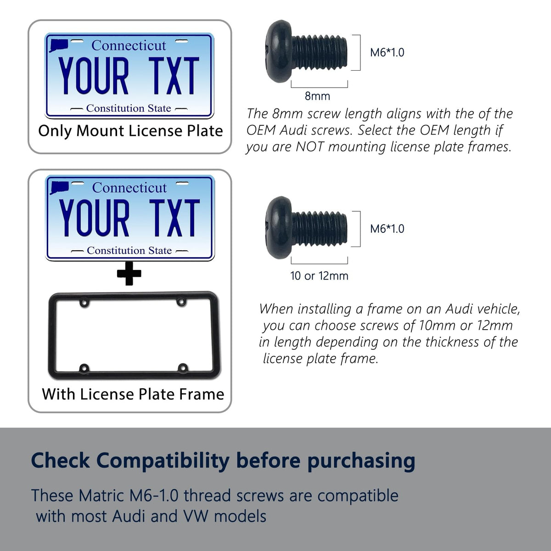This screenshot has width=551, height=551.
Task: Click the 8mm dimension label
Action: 317,96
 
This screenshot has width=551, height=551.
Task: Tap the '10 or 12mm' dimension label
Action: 320,275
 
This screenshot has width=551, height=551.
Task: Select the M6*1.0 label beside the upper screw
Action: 387,52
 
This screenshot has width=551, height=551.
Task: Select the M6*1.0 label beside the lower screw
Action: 387,229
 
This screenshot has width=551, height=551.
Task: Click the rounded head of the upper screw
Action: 279,51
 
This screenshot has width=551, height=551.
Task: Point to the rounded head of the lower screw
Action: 279,228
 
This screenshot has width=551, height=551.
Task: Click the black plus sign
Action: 129,273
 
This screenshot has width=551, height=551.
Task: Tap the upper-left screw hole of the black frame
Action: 84,303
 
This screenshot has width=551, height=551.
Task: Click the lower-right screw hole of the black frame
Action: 183,368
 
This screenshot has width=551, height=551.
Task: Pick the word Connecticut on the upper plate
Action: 129,45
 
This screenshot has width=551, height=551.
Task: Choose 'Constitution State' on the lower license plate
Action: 129,251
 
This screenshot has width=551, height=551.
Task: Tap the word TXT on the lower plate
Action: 174,218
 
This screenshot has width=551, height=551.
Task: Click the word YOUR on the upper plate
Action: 94,75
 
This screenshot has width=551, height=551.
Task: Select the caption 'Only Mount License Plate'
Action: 130,131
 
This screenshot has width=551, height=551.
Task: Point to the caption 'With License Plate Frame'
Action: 133,394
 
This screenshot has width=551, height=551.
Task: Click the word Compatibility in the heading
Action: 163,461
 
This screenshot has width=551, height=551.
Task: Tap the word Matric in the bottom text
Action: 102,495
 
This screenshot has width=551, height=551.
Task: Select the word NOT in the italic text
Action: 310,146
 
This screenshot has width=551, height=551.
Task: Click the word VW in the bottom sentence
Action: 196,517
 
